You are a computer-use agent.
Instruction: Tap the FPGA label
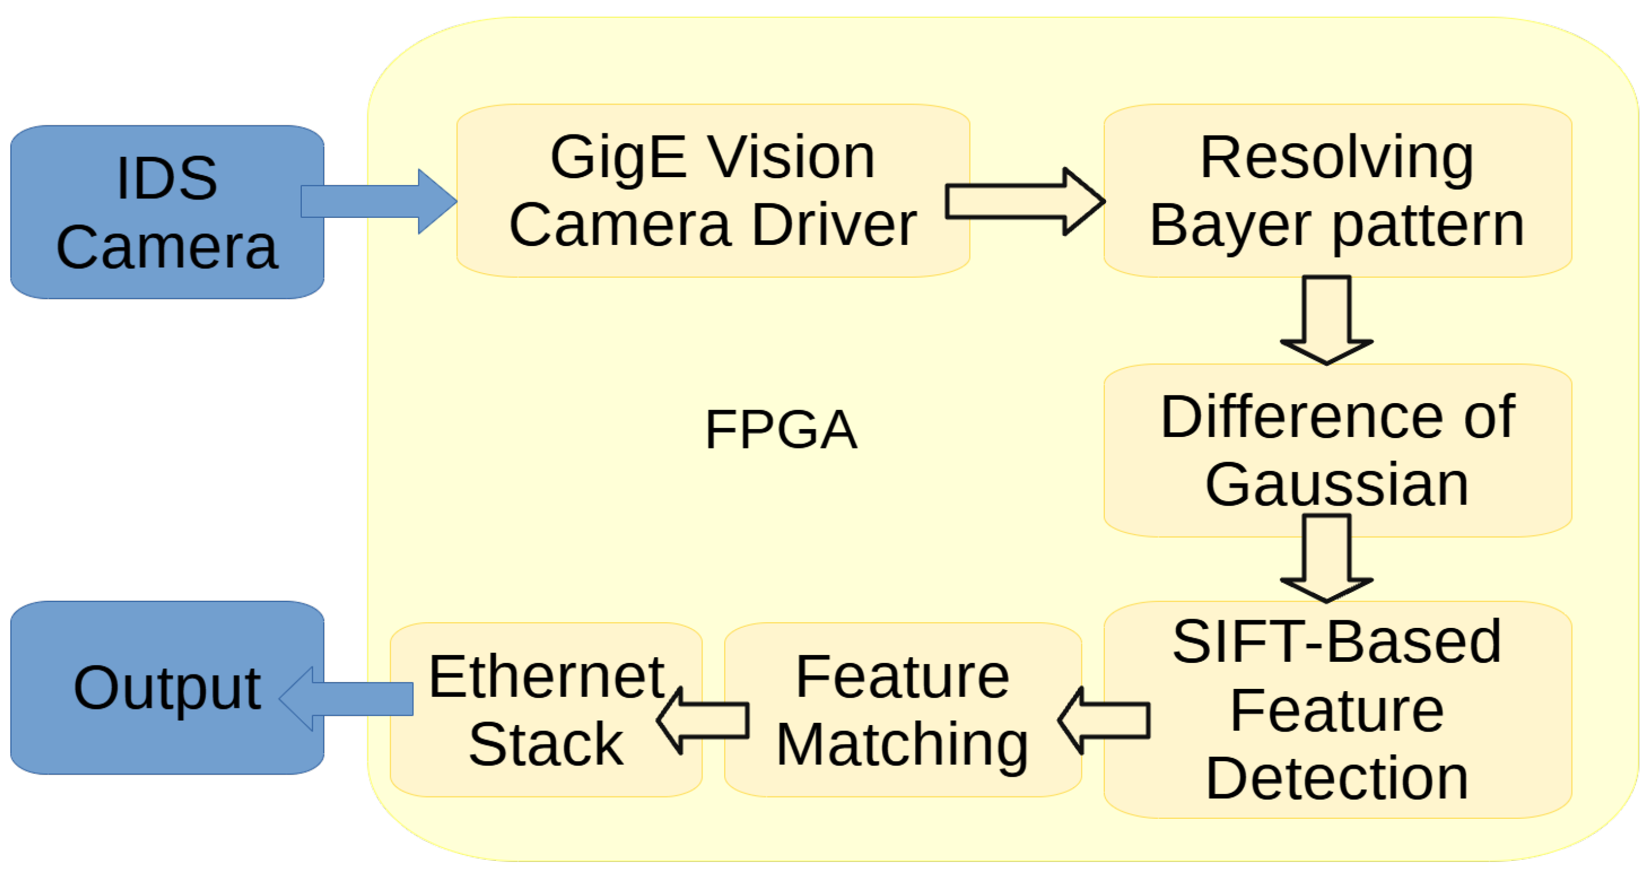click(781, 430)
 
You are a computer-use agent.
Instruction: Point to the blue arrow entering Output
click(346, 699)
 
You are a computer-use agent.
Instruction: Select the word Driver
click(833, 225)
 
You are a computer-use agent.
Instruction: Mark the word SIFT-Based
click(1336, 642)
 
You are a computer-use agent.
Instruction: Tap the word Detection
click(1336, 779)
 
